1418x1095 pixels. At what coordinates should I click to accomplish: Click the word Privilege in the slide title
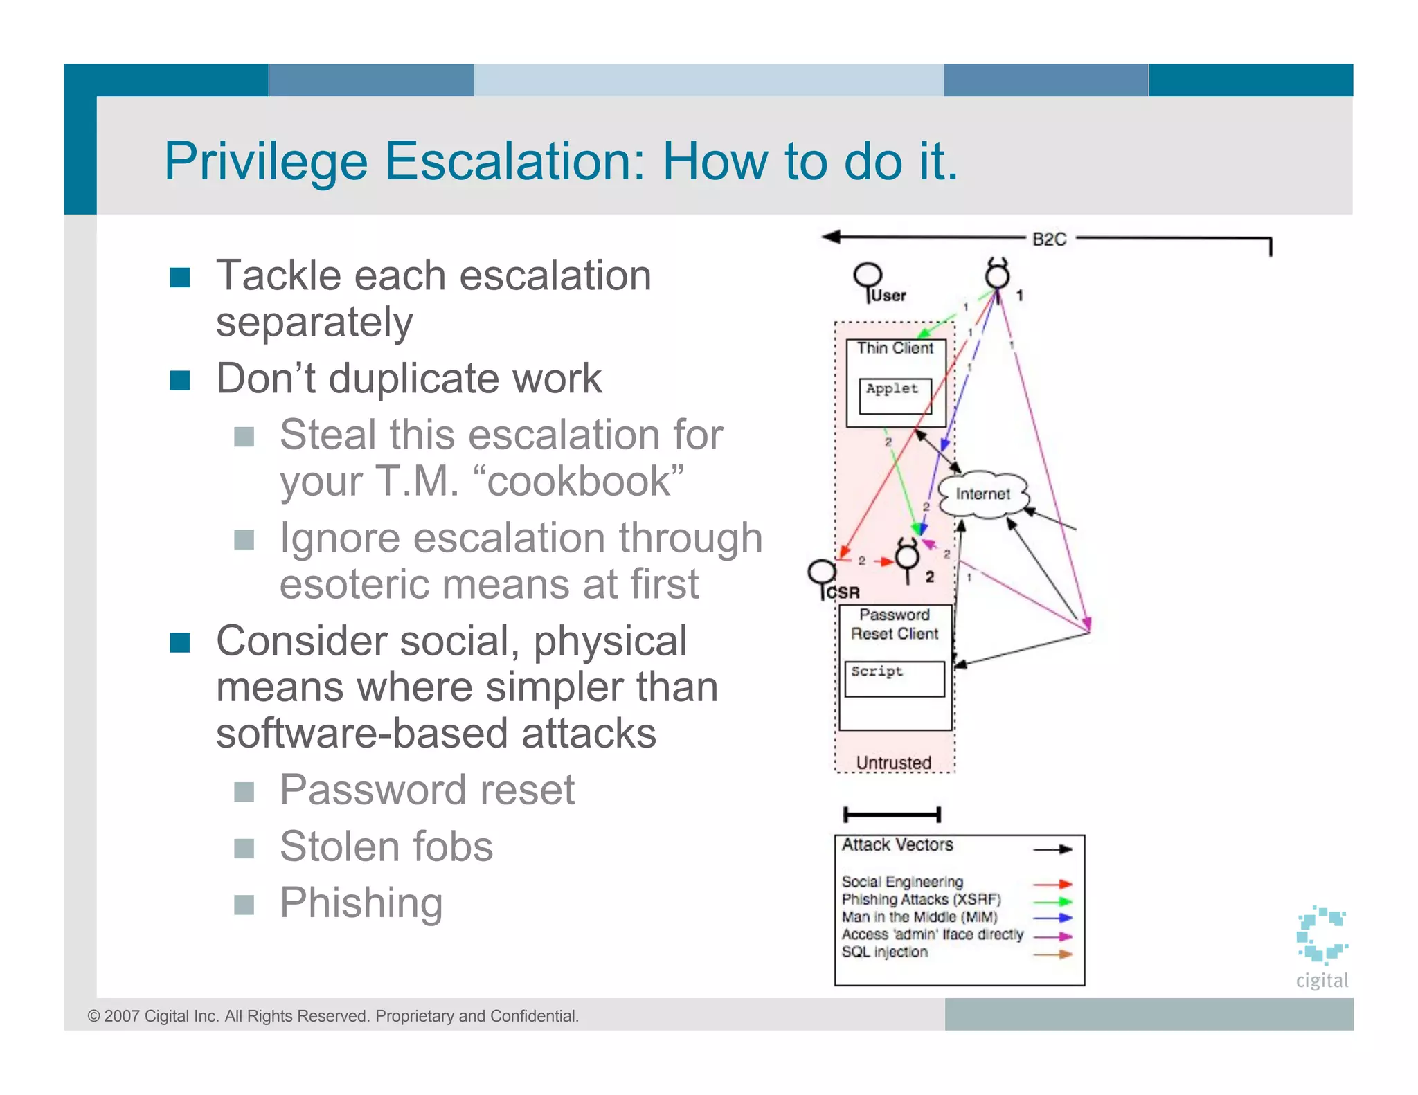tap(266, 162)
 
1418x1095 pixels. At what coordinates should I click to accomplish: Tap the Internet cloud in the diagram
tap(982, 494)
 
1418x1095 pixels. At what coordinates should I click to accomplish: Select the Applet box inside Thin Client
tap(895, 395)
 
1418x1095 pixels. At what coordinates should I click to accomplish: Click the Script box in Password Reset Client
tap(894, 678)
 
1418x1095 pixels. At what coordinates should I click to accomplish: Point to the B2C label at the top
tap(1049, 239)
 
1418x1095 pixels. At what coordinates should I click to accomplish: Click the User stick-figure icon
tap(868, 279)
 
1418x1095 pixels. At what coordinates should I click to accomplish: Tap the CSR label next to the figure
tap(843, 592)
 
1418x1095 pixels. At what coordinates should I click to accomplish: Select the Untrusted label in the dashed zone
tap(893, 762)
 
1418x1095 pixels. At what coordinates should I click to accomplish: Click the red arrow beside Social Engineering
tap(1052, 884)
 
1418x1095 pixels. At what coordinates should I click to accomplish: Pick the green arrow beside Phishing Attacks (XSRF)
tap(1052, 901)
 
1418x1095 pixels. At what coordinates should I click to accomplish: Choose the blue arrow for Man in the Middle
tap(1052, 918)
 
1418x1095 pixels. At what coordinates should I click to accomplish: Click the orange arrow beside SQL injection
tap(1052, 954)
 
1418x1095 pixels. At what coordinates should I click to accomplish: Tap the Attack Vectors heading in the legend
tap(897, 844)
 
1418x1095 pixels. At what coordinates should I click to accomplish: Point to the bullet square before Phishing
tap(244, 904)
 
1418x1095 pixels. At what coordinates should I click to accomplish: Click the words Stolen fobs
tap(386, 846)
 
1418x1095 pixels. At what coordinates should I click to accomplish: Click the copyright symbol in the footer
tap(93, 1016)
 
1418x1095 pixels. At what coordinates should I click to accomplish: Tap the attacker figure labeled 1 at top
tap(998, 275)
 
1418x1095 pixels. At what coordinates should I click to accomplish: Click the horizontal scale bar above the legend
tap(892, 815)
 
